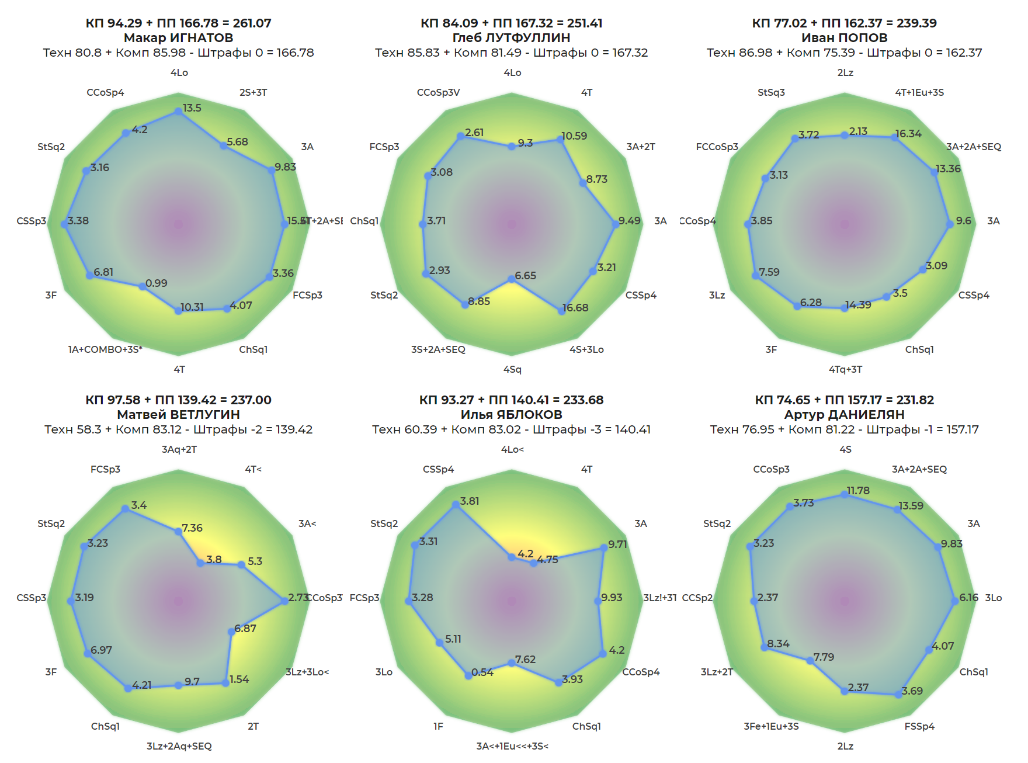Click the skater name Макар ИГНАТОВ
[x=178, y=38]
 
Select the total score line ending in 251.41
[x=511, y=23]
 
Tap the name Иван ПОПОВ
[x=844, y=38]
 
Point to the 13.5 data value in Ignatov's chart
[x=192, y=108]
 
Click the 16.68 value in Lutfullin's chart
[x=575, y=308]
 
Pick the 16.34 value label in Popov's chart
[x=908, y=134]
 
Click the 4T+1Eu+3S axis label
[x=919, y=92]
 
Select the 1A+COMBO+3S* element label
[x=105, y=349]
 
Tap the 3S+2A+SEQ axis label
[x=438, y=349]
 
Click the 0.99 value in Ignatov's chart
[x=157, y=283]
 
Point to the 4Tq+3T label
[x=845, y=369]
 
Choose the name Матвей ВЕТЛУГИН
[x=178, y=415]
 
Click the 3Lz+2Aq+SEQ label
[x=179, y=746]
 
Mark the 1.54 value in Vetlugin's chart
[x=239, y=679]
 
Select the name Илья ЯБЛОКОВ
[x=511, y=415]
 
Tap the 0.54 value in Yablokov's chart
[x=482, y=672]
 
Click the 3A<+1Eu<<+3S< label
[x=512, y=746]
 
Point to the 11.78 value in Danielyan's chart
[x=858, y=491]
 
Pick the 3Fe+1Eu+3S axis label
[x=771, y=726]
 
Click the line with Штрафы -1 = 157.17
[x=844, y=429]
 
